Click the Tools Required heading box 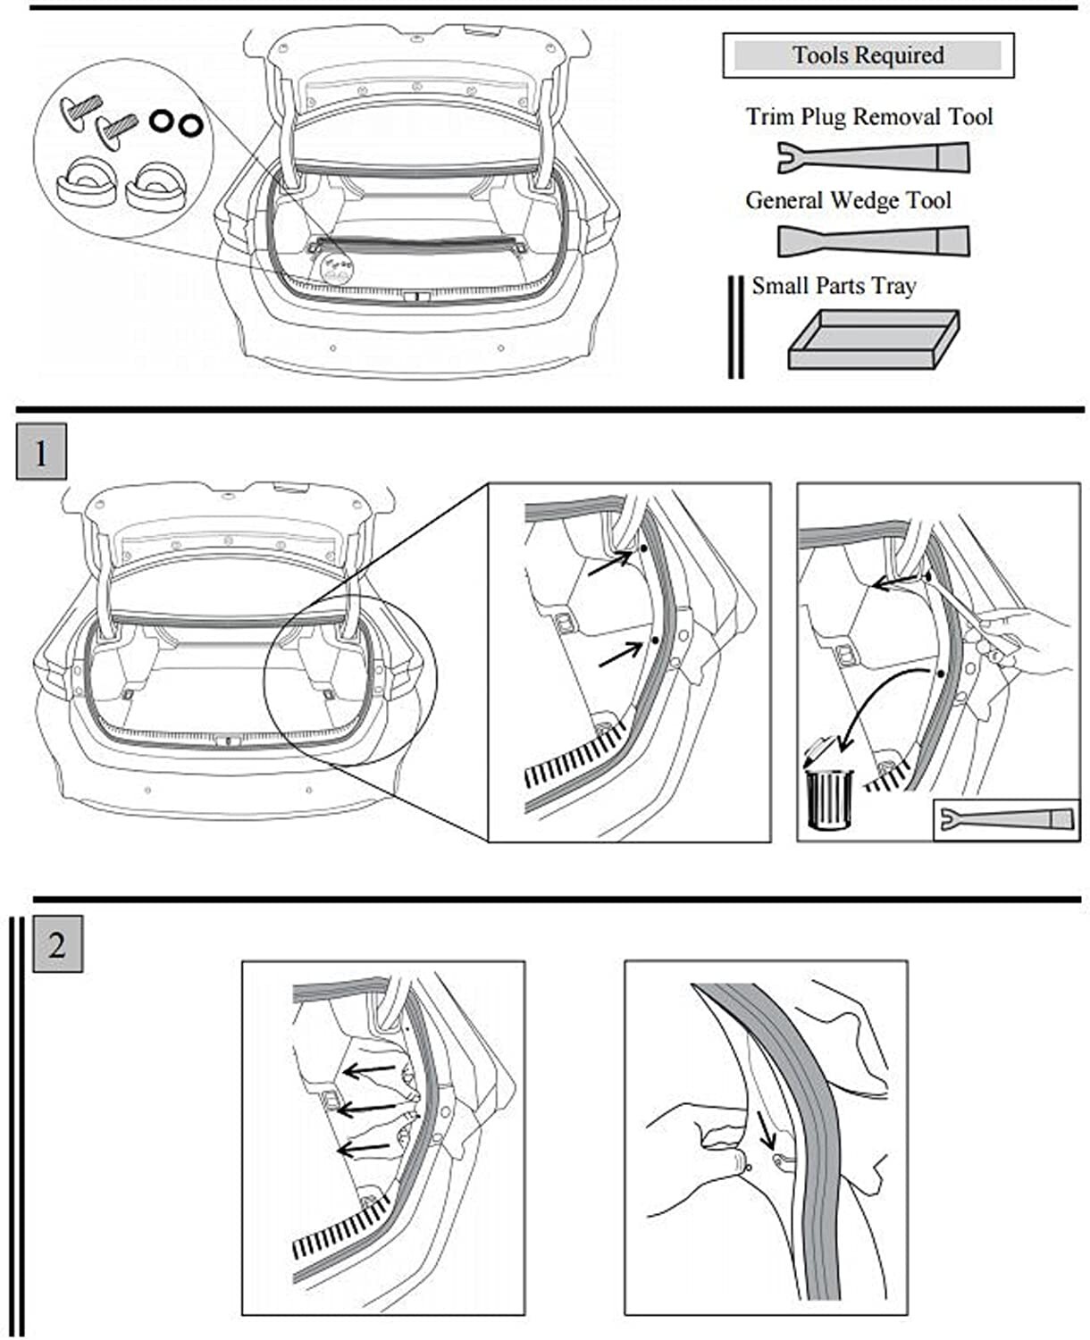(868, 55)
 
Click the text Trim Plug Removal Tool (869, 117)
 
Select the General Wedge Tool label (848, 201)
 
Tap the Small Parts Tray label (834, 286)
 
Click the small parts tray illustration (873, 339)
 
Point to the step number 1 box (41, 454)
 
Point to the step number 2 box (57, 944)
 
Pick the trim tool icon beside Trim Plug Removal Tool (872, 158)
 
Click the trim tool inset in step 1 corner (1006, 819)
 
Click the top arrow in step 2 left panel (370, 1068)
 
